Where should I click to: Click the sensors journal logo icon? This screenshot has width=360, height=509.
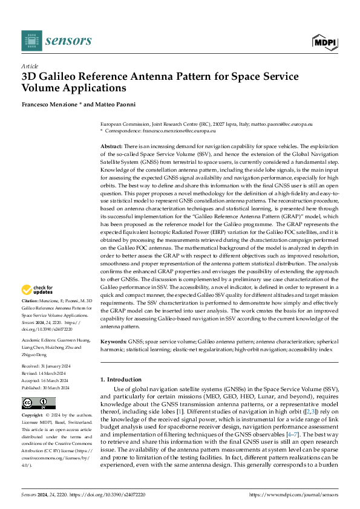(x=31, y=41)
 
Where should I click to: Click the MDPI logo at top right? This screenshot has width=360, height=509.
(x=324, y=41)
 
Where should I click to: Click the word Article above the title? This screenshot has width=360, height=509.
(x=30, y=66)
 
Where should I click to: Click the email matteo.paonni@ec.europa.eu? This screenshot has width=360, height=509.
(x=284, y=123)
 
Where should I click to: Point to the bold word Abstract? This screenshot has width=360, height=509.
(x=111, y=147)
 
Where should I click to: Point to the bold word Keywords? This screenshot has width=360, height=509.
(x=113, y=342)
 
